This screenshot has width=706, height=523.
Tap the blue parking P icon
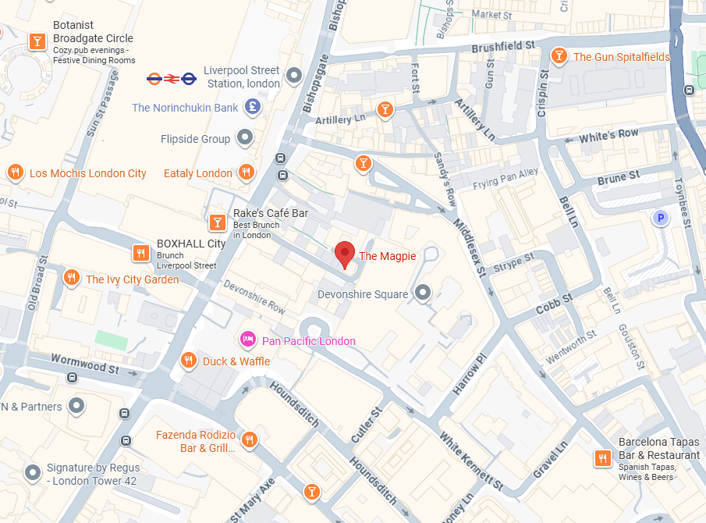(661, 219)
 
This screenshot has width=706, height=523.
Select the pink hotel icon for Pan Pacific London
(247, 340)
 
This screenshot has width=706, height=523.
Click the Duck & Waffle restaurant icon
(188, 361)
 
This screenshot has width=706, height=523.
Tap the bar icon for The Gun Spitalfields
(559, 56)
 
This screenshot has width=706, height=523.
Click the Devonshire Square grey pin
(423, 293)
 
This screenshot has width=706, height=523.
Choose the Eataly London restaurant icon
(247, 173)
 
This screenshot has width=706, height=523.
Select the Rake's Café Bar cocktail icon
(217, 223)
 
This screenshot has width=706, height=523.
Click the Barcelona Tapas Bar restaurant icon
(602, 458)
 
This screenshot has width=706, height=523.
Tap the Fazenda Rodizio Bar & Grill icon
(250, 440)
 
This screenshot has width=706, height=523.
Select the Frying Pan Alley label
(506, 179)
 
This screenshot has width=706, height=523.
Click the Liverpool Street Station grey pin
(294, 76)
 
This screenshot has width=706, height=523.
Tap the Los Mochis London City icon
(14, 173)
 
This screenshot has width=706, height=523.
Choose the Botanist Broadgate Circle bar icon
(36, 41)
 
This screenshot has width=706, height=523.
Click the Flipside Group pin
(245, 138)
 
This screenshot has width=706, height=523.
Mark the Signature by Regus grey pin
(32, 472)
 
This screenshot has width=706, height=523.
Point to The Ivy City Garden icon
(71, 278)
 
